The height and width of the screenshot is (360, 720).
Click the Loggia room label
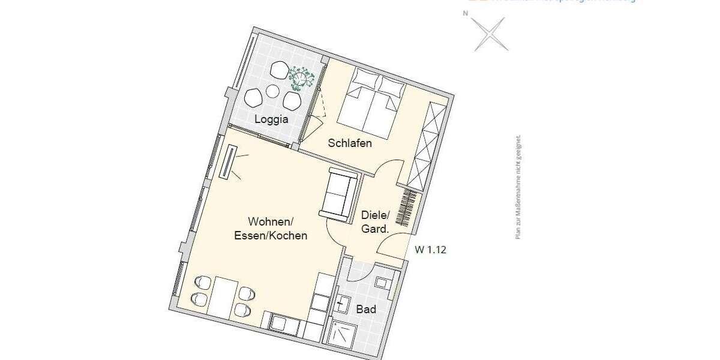(x=271, y=119)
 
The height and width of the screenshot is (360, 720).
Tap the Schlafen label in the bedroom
(x=350, y=143)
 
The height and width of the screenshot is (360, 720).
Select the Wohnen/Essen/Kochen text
(x=270, y=228)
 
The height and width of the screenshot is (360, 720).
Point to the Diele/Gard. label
(x=376, y=221)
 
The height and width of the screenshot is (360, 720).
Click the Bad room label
(x=366, y=310)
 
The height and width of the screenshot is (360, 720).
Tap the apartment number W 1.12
(x=430, y=250)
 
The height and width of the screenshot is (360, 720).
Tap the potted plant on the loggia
(x=301, y=76)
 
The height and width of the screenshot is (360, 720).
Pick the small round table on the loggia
(x=273, y=92)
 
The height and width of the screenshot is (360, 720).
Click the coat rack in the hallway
(x=408, y=210)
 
